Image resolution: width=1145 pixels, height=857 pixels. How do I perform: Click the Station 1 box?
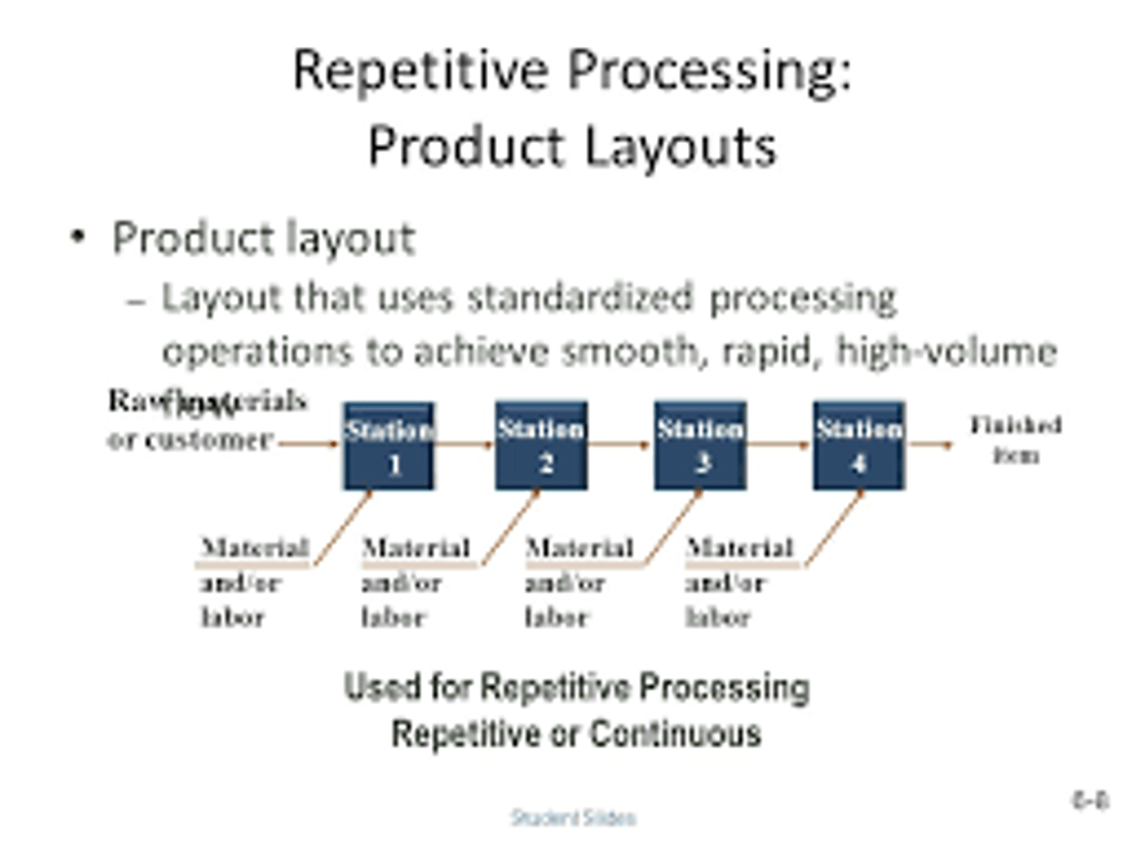tap(389, 446)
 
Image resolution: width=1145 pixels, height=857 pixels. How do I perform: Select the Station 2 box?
tap(541, 446)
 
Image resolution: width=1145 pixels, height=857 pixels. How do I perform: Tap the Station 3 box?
tap(700, 446)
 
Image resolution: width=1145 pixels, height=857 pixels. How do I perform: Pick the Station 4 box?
tap(859, 446)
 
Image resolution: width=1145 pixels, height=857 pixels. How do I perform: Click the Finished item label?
tap(1015, 440)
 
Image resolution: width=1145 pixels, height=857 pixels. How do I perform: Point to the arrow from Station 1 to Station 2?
tap(465, 444)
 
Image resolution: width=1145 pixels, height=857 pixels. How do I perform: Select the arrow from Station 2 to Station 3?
tap(620, 444)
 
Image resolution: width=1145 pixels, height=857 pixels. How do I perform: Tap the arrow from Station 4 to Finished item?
tap(930, 444)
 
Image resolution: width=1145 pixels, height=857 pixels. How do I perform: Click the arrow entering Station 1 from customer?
tap(309, 444)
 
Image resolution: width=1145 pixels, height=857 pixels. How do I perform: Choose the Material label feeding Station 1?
tap(254, 548)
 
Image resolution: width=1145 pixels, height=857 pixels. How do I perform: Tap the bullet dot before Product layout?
tap(77, 237)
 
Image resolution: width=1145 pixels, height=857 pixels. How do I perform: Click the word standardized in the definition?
tap(580, 298)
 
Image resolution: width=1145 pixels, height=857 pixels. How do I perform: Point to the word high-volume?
tap(946, 351)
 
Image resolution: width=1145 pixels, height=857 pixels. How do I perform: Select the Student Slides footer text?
tap(573, 817)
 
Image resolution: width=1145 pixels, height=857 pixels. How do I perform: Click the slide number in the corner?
tap(1090, 800)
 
